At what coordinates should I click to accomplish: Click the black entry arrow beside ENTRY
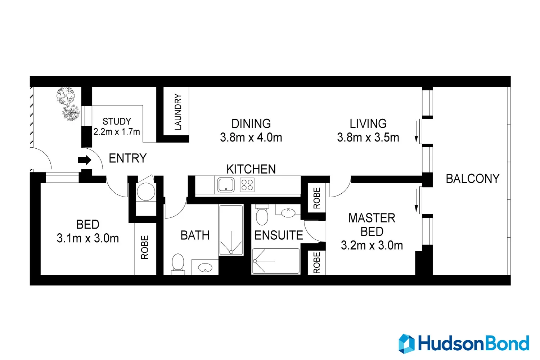point(85,160)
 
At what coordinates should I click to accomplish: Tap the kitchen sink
point(226,185)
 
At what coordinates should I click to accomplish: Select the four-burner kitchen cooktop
point(247,185)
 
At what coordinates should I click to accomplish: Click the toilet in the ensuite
point(262,215)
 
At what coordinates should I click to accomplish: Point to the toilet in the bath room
point(178,263)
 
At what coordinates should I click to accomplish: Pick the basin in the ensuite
point(288,212)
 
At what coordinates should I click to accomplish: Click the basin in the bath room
point(205,267)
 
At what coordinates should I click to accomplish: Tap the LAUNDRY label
point(178,112)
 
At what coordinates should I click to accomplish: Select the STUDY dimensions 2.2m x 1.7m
point(117,132)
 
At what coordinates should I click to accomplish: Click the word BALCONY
point(472,179)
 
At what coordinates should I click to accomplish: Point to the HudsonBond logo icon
point(406,343)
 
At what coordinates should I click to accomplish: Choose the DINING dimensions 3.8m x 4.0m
point(251,138)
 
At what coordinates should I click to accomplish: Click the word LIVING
point(368,123)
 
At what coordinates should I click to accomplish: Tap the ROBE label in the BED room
point(145,247)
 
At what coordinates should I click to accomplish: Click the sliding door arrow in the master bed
point(417,200)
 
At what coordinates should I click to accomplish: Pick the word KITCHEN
point(251,169)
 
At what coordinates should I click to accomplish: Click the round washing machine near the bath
point(146,192)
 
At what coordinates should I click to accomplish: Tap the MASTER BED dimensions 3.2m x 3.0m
point(372,246)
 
